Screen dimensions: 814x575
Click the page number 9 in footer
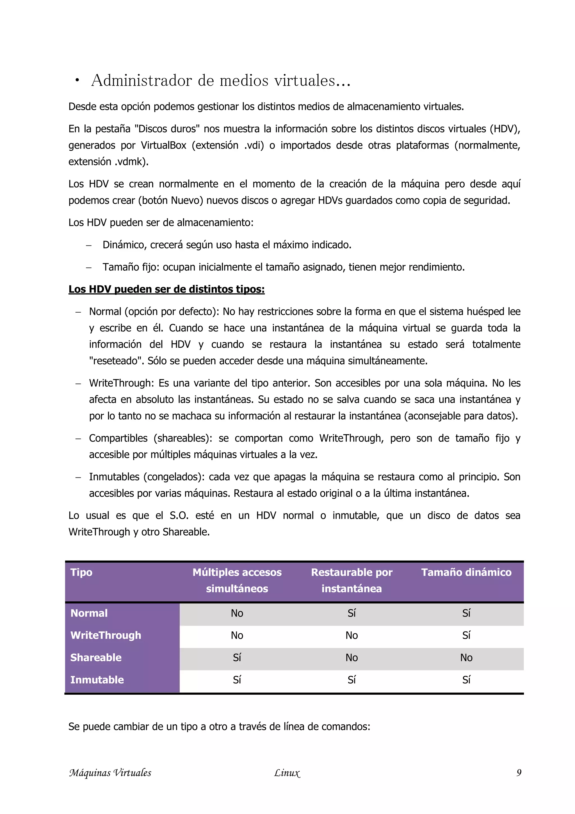coord(519,772)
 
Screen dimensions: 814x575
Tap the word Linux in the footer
coord(287,773)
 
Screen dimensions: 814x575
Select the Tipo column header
coord(81,572)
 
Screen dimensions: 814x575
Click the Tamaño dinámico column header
coord(466,572)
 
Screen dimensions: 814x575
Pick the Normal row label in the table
coord(89,613)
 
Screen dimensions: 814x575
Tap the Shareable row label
coord(96,657)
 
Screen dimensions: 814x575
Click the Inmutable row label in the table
coord(97,680)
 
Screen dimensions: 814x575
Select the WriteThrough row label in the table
coord(106,635)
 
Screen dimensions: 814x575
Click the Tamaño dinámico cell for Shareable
coord(466,658)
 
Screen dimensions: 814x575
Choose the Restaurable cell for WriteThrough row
coord(352,635)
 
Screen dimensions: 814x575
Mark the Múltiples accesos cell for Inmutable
coord(237,680)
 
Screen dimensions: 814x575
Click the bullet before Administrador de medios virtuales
coord(77,81)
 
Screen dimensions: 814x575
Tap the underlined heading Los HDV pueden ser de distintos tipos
coord(166,289)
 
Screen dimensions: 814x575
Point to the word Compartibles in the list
coord(118,438)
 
